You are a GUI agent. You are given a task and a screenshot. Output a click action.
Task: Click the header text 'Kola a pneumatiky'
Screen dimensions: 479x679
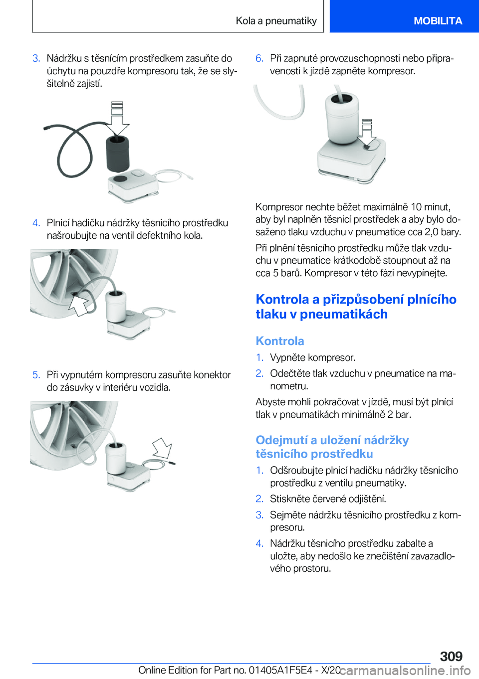[x=276, y=21]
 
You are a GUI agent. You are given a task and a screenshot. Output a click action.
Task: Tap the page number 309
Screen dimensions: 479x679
[x=451, y=656]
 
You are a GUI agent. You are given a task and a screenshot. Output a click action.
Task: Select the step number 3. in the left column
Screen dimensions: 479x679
[x=36, y=58]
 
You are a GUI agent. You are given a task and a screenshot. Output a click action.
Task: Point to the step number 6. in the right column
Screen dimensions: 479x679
[x=259, y=58]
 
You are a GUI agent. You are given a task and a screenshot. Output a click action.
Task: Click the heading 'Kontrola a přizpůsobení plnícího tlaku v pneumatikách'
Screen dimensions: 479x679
[x=356, y=307]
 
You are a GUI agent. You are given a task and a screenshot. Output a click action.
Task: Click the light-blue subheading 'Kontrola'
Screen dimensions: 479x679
[x=280, y=340]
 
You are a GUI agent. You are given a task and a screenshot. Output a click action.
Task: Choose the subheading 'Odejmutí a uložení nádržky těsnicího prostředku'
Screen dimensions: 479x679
[x=332, y=447]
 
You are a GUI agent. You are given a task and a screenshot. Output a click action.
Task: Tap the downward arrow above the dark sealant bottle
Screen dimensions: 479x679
[x=117, y=119]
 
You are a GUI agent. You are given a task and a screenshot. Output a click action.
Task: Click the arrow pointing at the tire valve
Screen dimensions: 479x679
[x=79, y=305]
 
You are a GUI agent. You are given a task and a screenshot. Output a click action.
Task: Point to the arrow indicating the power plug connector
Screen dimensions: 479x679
[x=162, y=448]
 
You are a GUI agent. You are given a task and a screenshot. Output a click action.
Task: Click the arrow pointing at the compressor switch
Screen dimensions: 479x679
[x=367, y=134]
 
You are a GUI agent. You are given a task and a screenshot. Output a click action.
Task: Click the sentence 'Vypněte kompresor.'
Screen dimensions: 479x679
[x=313, y=357]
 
